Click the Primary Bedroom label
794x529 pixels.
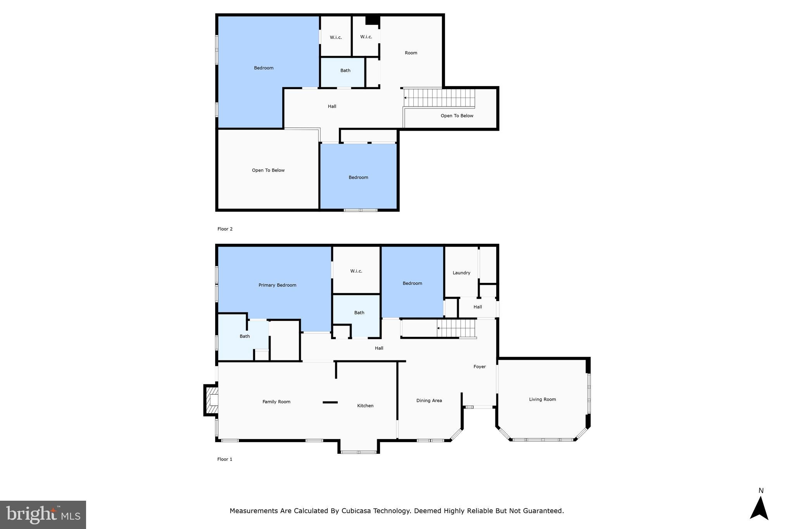(277, 285)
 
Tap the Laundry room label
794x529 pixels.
(461, 273)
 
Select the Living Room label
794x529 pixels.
(542, 400)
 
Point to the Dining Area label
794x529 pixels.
(429, 401)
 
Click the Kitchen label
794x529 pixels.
(365, 406)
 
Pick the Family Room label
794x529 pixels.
(276, 402)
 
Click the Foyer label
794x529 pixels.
(480, 367)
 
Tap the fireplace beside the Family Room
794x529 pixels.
(211, 400)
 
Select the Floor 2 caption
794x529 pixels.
(225, 229)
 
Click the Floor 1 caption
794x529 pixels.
(224, 459)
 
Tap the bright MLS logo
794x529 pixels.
(43, 515)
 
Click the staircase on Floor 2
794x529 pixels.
(439, 98)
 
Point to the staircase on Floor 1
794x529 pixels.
(456, 328)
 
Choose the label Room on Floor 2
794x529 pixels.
(411, 53)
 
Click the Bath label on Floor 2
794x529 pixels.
(345, 71)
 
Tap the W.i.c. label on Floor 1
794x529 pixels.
(356, 271)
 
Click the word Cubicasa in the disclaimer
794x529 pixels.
(356, 511)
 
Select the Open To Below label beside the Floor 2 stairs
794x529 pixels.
(457, 116)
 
